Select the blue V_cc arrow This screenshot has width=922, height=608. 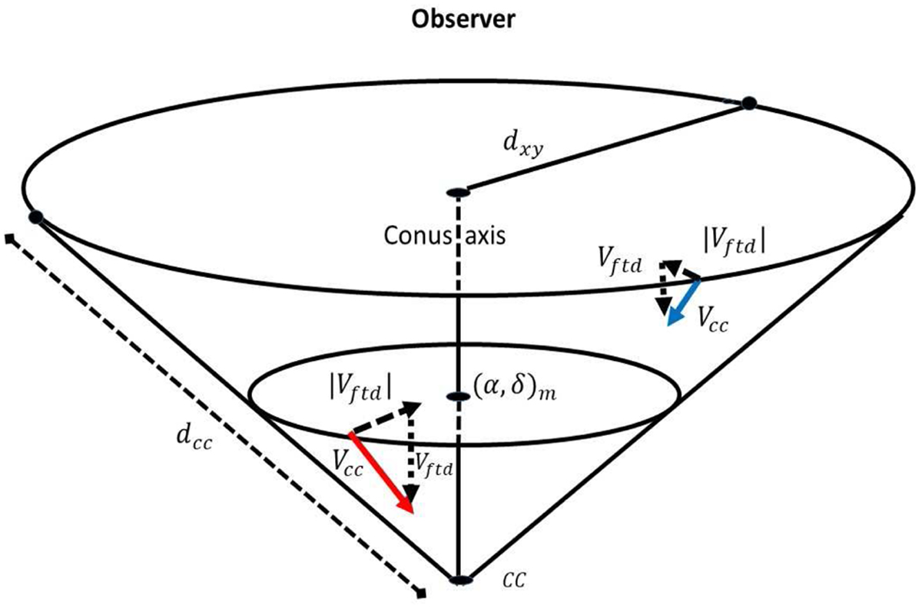pos(684,302)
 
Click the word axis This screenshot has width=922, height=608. pos(484,234)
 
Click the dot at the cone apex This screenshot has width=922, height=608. pos(459,580)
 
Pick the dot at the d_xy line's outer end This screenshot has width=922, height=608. pos(749,103)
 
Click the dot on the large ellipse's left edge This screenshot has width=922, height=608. pos(35,217)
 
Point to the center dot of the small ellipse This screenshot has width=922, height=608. pos(457,396)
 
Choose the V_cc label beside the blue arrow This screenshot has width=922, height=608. pos(711,320)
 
